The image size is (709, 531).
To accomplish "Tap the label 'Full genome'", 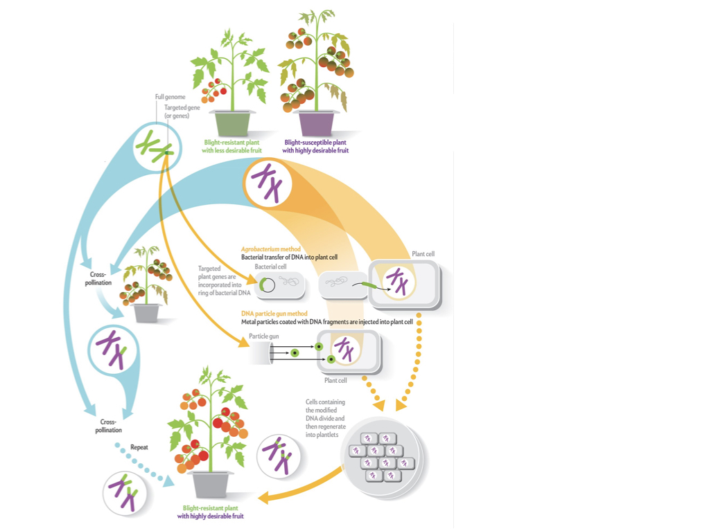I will (170, 97).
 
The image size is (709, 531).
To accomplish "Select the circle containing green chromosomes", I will (157, 145).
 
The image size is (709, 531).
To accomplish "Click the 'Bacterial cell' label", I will (270, 266).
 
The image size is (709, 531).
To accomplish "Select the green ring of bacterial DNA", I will (267, 284).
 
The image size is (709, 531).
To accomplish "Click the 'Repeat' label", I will (139, 447).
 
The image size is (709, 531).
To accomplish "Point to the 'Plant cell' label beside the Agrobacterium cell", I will (422, 254).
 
